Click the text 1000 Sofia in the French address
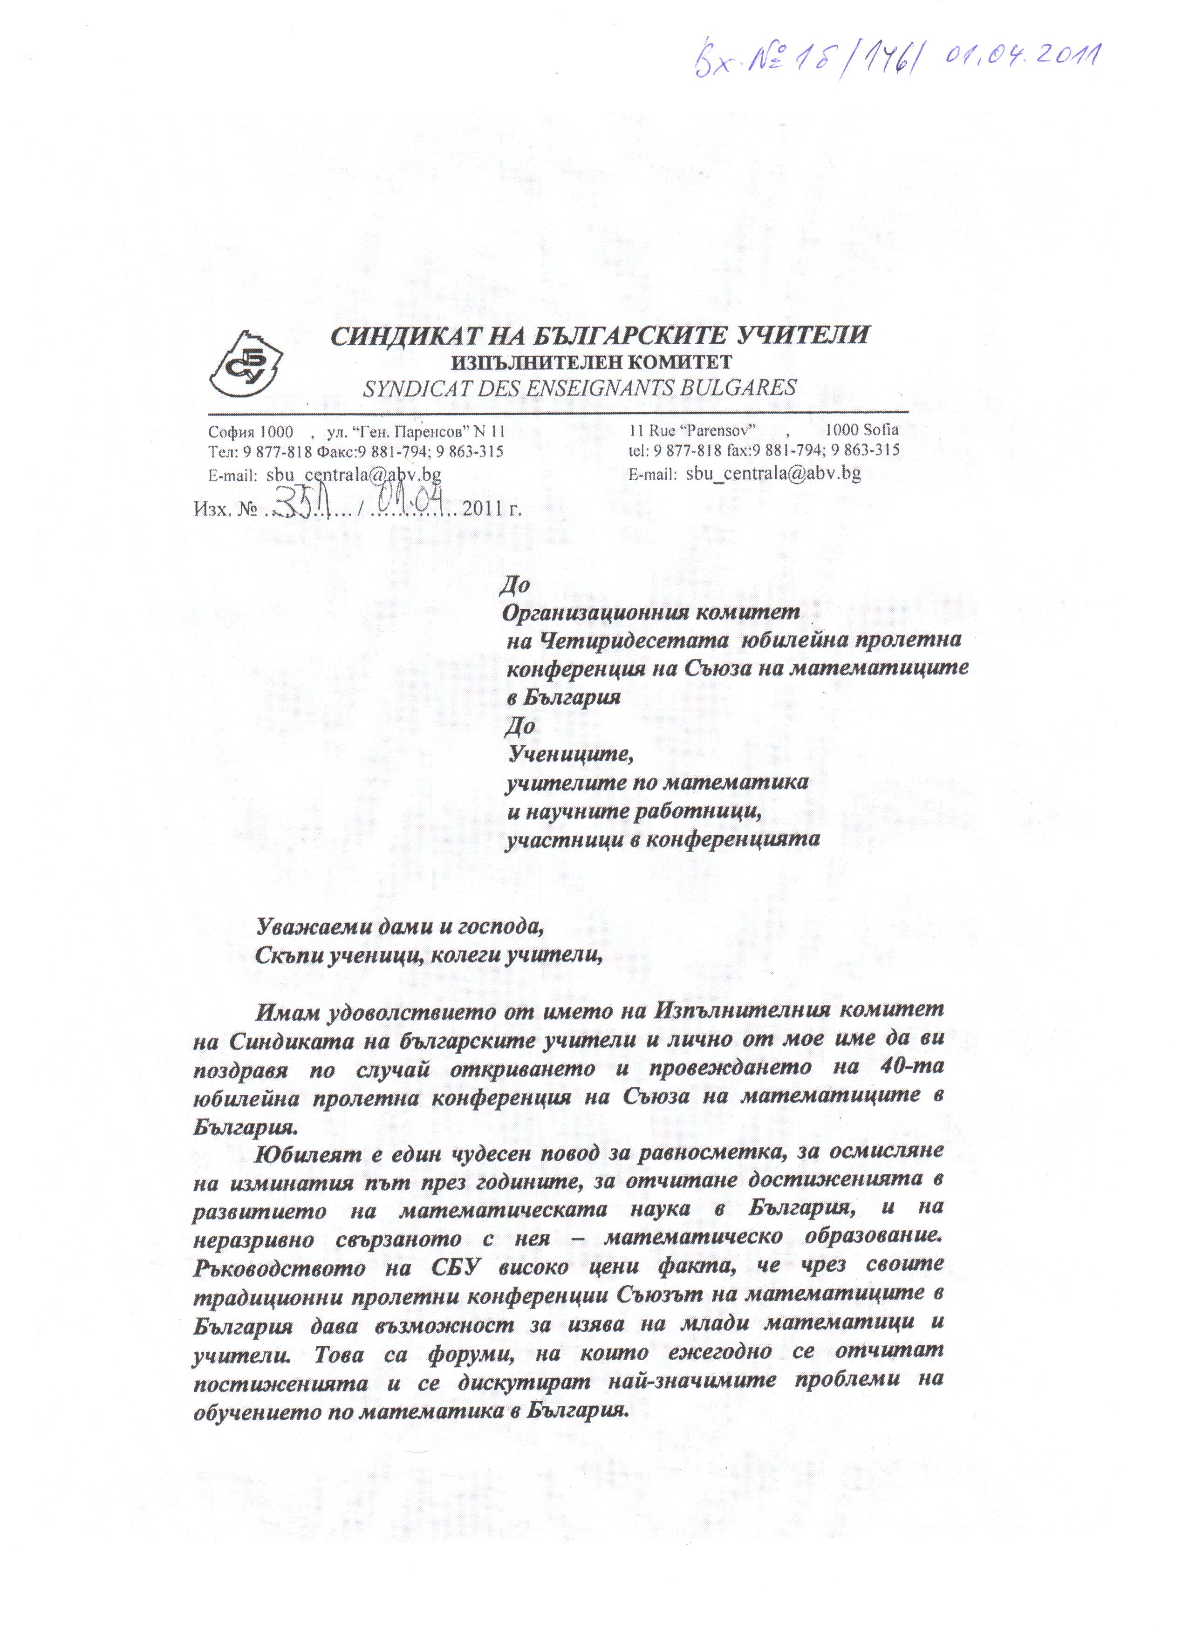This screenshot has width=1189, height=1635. [861, 430]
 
